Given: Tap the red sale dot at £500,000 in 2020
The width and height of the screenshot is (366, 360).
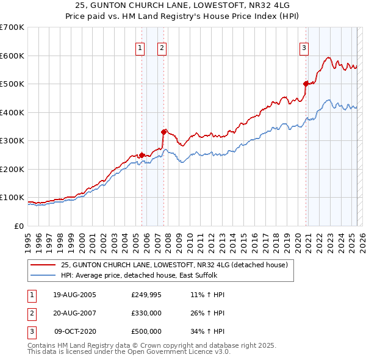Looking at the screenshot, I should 306,84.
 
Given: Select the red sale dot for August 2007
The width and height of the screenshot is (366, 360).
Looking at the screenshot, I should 163,132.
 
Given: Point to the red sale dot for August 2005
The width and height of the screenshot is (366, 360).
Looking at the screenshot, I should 142,155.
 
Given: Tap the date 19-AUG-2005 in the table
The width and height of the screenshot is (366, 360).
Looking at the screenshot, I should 74,295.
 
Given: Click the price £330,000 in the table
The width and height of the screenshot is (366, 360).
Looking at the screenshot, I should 146,314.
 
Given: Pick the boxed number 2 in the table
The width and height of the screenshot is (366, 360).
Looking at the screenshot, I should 30,314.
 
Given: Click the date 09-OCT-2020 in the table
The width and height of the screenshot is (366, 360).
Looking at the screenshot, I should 75,331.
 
